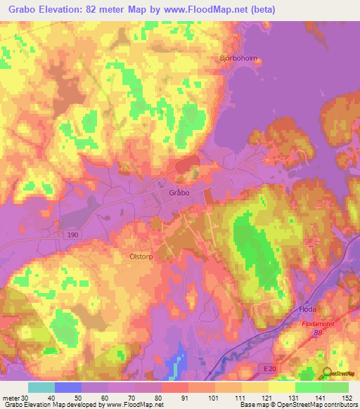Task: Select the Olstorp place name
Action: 141,257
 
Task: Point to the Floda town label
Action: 307,309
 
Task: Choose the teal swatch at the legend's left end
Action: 41,387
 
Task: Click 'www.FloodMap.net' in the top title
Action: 212,9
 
